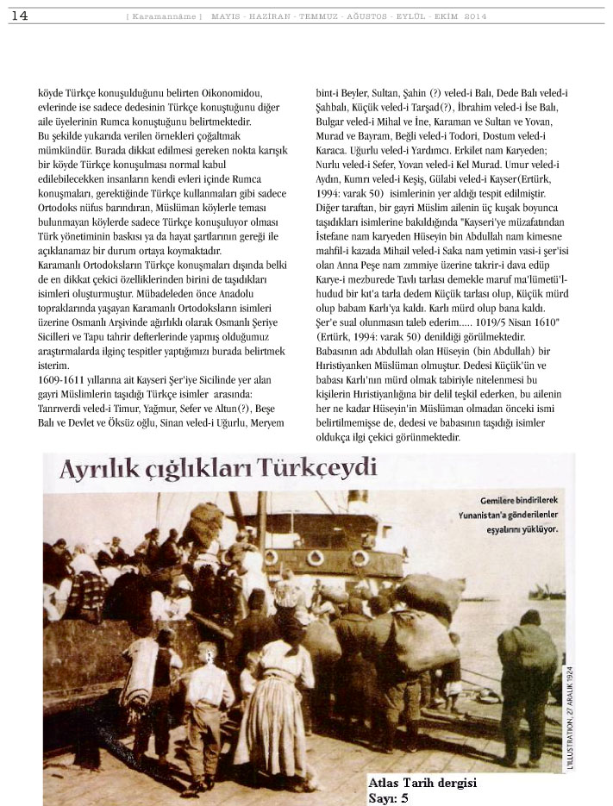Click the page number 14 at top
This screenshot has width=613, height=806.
pyautogui.click(x=19, y=15)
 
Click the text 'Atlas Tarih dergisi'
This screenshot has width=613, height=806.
pyautogui.click(x=422, y=783)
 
